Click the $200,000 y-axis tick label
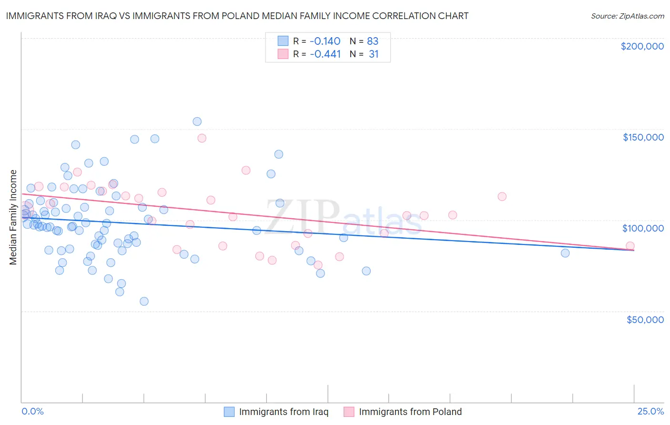[x=642, y=46]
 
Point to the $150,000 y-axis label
[x=643, y=137]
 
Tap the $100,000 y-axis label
[x=643, y=228]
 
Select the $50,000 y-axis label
[x=645, y=319]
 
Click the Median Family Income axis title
[x=13, y=217]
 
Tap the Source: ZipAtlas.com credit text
[x=627, y=16]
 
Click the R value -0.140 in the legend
[x=325, y=41]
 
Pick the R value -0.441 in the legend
[x=325, y=54]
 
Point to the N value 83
[x=373, y=41]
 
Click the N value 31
[x=374, y=54]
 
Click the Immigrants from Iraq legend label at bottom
[x=284, y=412]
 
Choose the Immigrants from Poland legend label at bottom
[x=410, y=412]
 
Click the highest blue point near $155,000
[x=197, y=121]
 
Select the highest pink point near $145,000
[x=202, y=138]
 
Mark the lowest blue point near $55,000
[x=144, y=301]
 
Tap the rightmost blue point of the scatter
[x=565, y=253]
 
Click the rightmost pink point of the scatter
[x=630, y=246]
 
